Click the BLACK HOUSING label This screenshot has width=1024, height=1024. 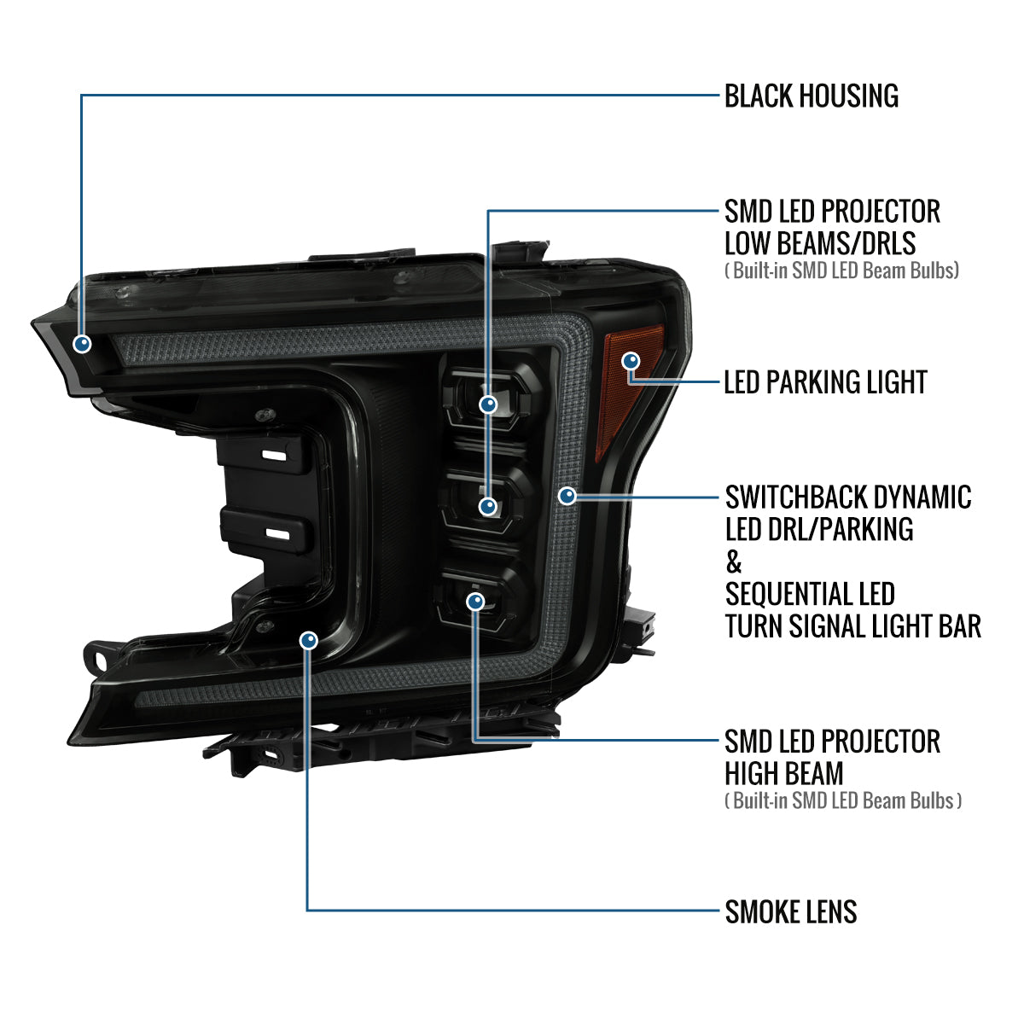click(811, 96)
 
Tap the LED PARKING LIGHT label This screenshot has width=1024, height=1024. click(825, 382)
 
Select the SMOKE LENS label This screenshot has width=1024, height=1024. click(791, 912)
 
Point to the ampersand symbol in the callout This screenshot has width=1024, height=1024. click(733, 561)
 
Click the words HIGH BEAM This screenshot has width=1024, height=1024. click(784, 774)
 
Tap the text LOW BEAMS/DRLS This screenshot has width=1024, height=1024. click(820, 243)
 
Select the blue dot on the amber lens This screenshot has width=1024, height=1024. click(631, 361)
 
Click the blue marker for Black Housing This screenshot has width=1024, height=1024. click(82, 344)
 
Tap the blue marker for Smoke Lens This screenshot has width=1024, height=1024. click(309, 640)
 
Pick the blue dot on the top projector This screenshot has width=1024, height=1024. click(488, 404)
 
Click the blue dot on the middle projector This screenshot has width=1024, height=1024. click(488, 506)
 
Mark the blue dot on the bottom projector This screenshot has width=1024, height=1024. click(475, 602)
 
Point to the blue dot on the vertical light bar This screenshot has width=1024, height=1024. click(567, 496)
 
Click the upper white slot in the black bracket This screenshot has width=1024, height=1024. click(274, 456)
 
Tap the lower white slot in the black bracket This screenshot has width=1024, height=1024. click(276, 533)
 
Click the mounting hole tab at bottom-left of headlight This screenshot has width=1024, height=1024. click(98, 659)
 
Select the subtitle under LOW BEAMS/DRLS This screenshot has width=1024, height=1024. click(841, 271)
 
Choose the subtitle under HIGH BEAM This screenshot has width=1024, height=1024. click(843, 800)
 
